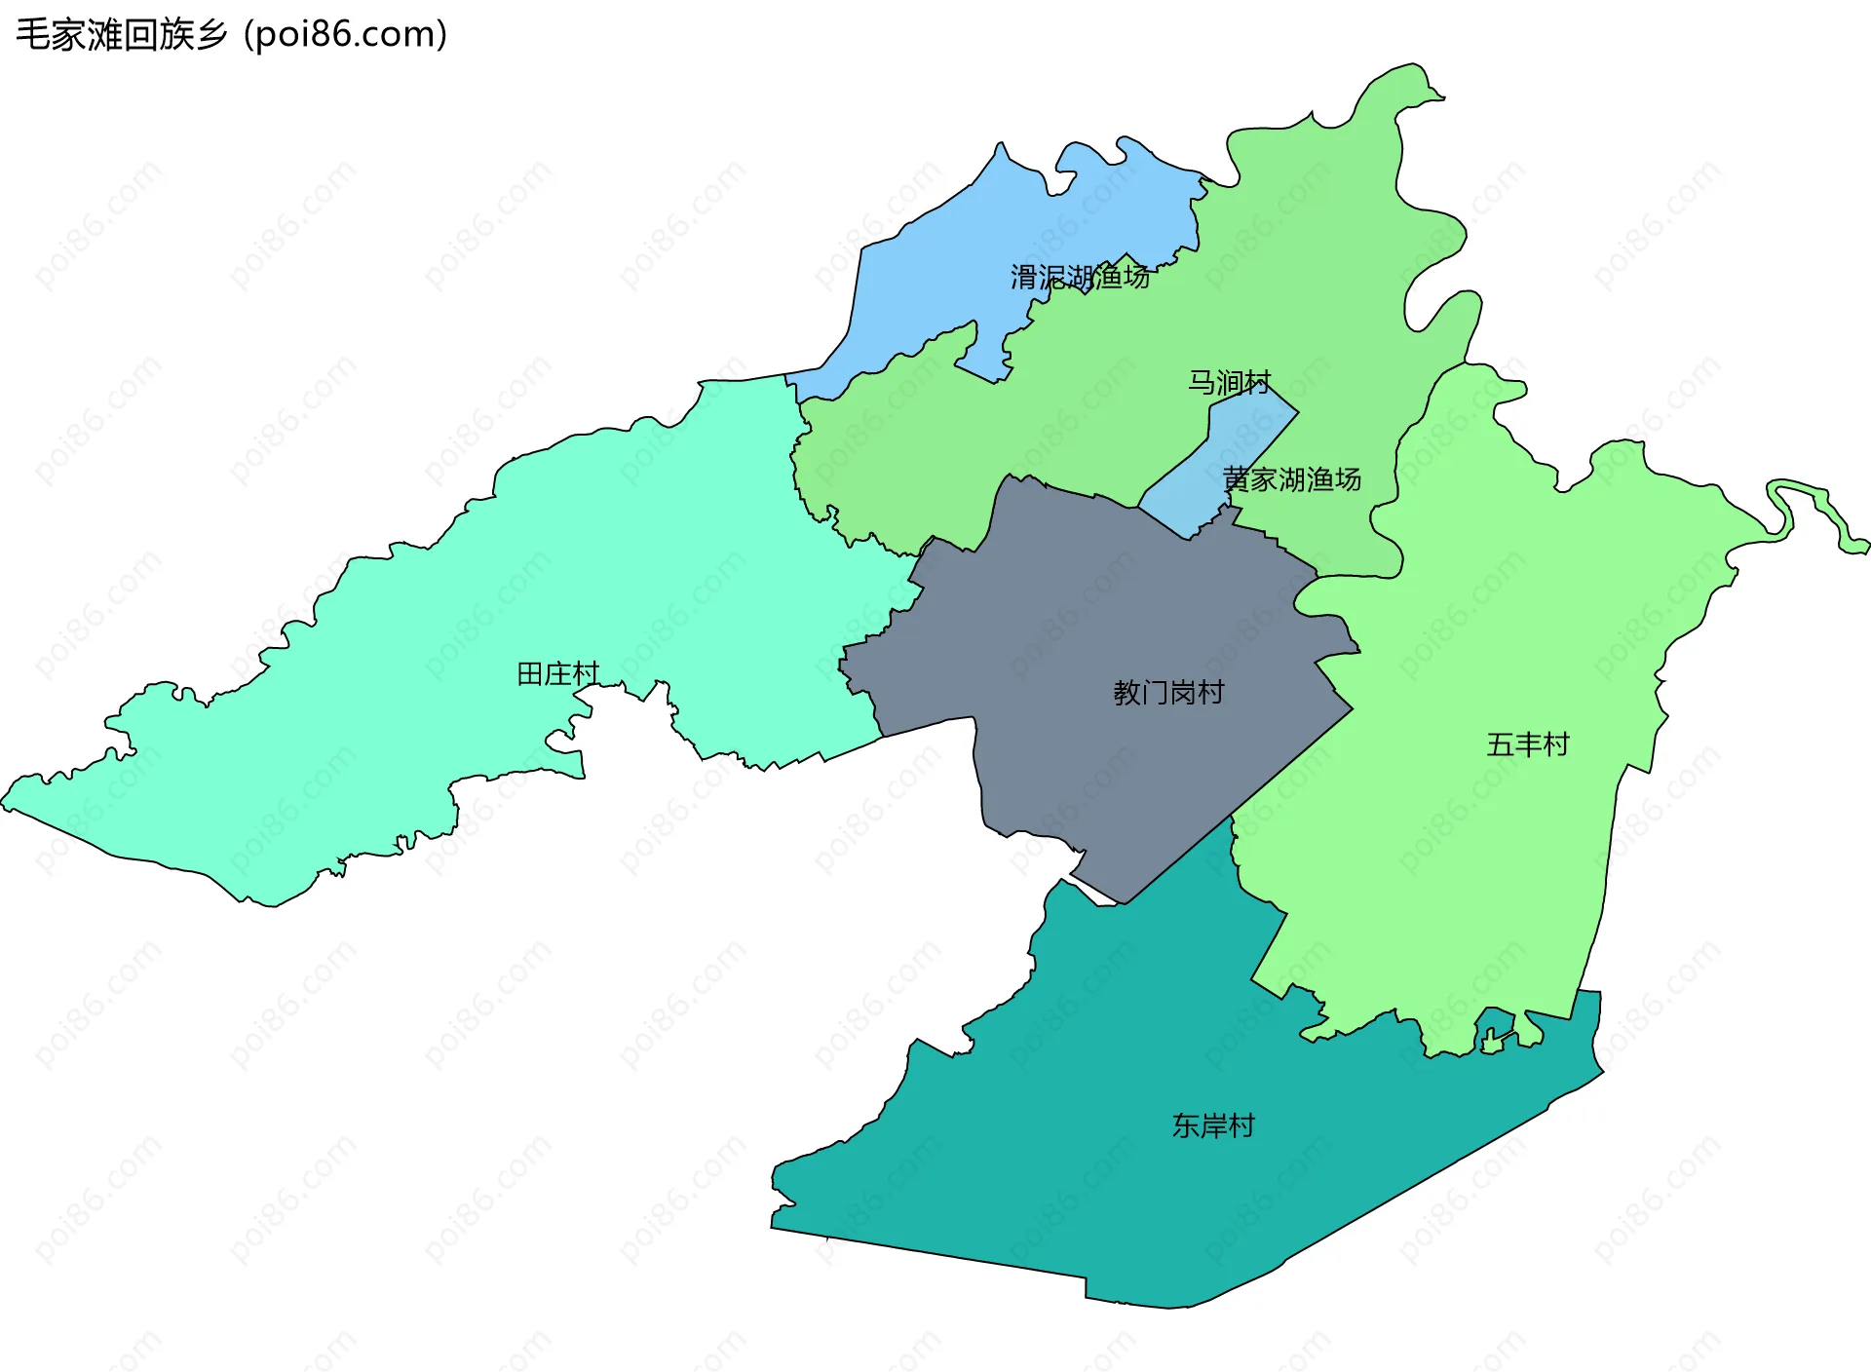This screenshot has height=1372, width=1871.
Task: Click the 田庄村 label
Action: (x=557, y=674)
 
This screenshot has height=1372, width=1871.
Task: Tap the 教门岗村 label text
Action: (x=1168, y=693)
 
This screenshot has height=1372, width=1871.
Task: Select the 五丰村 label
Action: (x=1528, y=745)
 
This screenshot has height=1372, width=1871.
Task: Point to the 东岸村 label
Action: (x=1213, y=1126)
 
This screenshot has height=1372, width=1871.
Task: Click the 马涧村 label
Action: (x=1229, y=383)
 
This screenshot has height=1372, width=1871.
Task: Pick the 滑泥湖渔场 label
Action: (x=1080, y=278)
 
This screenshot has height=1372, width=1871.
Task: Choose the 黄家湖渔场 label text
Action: (x=1292, y=479)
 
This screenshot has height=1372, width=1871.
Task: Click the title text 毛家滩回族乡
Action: (x=122, y=35)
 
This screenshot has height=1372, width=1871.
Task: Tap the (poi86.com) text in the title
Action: (x=346, y=35)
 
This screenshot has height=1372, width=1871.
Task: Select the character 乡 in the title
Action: (x=211, y=35)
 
